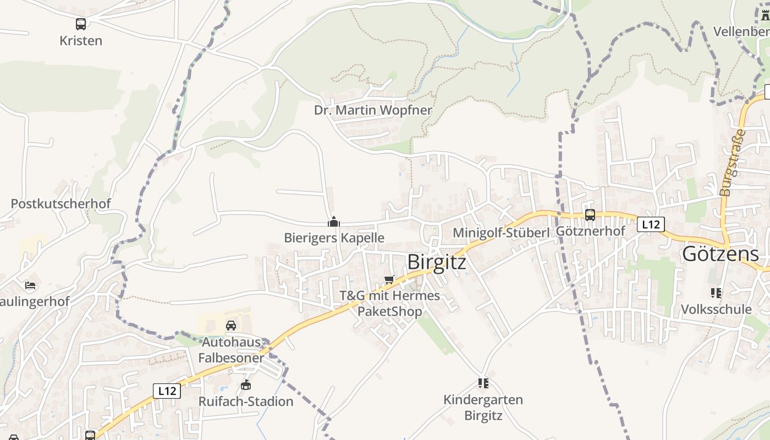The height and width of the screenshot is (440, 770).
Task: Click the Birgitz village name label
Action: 437,262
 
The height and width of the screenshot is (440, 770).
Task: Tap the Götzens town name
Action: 720,254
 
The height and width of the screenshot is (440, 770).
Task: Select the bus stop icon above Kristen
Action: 81,24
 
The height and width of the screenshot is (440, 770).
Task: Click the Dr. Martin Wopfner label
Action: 373,110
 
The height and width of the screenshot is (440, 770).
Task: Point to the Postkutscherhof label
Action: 61,204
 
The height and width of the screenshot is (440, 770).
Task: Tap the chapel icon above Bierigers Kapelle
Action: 333,222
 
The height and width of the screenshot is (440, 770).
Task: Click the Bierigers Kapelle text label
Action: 334,238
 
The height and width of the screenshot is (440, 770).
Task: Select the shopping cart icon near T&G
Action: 389,280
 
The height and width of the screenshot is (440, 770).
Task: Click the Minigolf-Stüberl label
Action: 501,233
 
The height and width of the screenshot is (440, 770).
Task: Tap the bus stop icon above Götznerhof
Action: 590,215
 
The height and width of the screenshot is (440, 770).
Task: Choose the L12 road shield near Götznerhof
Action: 651,224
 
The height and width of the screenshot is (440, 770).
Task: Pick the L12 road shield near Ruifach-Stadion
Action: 167,391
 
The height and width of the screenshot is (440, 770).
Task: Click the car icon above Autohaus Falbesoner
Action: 231,326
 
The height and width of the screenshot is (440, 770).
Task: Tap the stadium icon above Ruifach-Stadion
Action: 246,385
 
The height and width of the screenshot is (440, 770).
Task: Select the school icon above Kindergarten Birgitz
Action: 483,383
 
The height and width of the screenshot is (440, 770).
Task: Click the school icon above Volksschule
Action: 716,293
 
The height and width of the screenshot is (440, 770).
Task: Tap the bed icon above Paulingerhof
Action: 30,285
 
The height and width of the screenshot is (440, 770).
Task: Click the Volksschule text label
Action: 716,309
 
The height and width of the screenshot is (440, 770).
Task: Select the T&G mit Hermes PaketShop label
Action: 390,304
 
